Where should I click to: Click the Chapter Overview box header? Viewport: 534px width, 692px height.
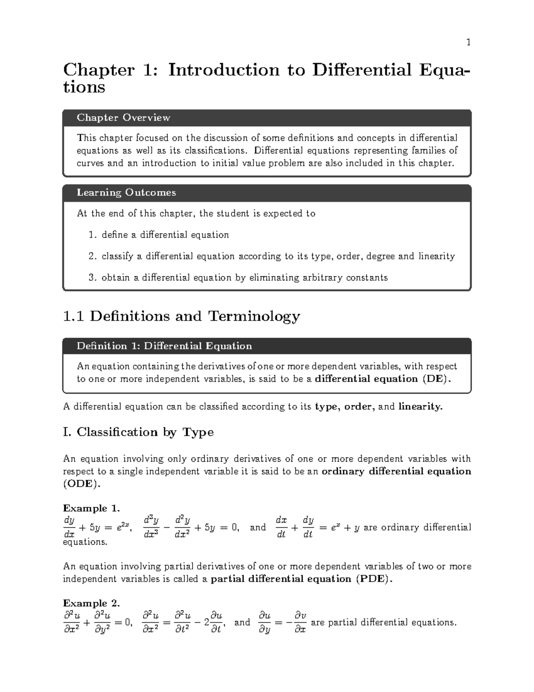(x=123, y=118)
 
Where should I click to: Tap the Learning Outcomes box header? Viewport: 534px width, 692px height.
(x=126, y=192)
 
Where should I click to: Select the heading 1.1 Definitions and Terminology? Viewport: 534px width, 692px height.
(x=182, y=316)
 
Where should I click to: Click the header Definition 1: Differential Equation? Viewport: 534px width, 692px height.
(x=164, y=346)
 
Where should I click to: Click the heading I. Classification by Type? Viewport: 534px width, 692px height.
(x=138, y=432)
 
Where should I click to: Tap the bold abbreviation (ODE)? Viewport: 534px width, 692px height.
(x=79, y=484)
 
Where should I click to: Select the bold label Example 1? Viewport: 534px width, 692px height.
(x=91, y=508)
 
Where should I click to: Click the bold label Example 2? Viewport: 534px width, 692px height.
(x=91, y=603)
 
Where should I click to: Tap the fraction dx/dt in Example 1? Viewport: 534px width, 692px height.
(x=281, y=527)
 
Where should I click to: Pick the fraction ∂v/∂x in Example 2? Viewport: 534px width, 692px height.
(x=300, y=622)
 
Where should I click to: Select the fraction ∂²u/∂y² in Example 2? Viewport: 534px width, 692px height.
(x=103, y=622)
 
